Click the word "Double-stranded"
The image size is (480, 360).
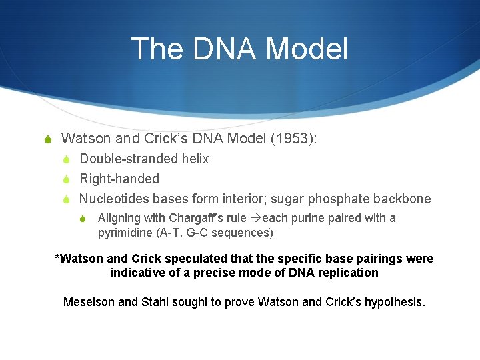click(128, 159)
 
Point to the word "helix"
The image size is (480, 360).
click(194, 159)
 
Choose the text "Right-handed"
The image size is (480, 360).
click(119, 179)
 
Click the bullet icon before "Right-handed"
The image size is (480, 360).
click(67, 179)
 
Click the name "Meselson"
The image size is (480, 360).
click(89, 302)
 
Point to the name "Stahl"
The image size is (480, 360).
click(155, 302)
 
